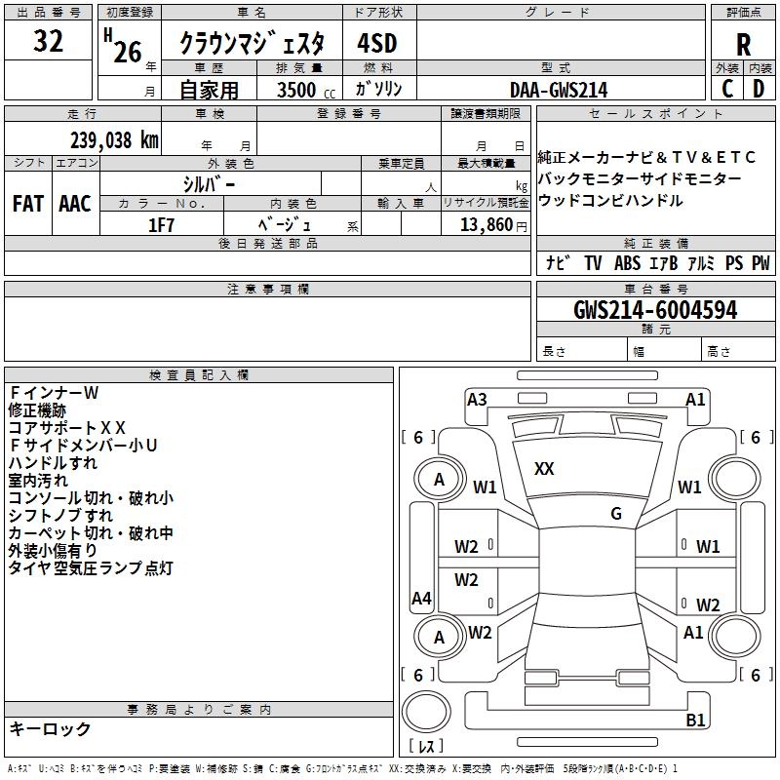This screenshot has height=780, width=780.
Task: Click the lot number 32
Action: [x=48, y=42]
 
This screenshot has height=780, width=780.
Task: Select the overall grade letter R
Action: [x=743, y=45]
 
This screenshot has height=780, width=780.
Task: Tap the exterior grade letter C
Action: [x=727, y=88]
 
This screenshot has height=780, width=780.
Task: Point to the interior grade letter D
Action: [x=759, y=88]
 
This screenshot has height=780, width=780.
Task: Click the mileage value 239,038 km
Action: [x=114, y=139]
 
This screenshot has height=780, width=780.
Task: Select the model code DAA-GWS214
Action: [x=559, y=91]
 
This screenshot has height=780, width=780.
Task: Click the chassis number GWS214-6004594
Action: [x=655, y=310]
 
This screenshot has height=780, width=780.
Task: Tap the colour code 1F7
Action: [x=162, y=224]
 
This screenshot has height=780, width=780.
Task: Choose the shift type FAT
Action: [x=27, y=204]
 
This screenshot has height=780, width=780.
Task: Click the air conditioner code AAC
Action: [x=75, y=204]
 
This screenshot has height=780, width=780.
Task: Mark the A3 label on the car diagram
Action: [x=477, y=399]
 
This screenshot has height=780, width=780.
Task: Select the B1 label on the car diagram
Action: [x=695, y=721]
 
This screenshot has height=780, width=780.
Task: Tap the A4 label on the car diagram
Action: [x=421, y=599]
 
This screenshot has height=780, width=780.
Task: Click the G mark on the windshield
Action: [x=616, y=514]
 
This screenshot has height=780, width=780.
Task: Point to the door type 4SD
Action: [x=378, y=45]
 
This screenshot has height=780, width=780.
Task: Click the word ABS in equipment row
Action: [x=627, y=262]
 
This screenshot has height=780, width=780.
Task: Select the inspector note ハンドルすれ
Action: [x=53, y=462]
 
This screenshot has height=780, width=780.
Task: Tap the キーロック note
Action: [x=50, y=728]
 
